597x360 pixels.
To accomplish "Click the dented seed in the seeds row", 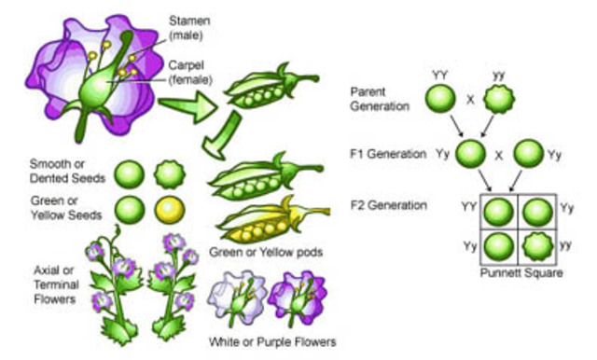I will [170, 174].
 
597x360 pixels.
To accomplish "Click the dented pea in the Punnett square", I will [537, 246].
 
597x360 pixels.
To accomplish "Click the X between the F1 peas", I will [497, 153].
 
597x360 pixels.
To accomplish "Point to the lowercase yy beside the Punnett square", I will [565, 245].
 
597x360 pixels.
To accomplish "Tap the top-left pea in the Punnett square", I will [497, 211].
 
